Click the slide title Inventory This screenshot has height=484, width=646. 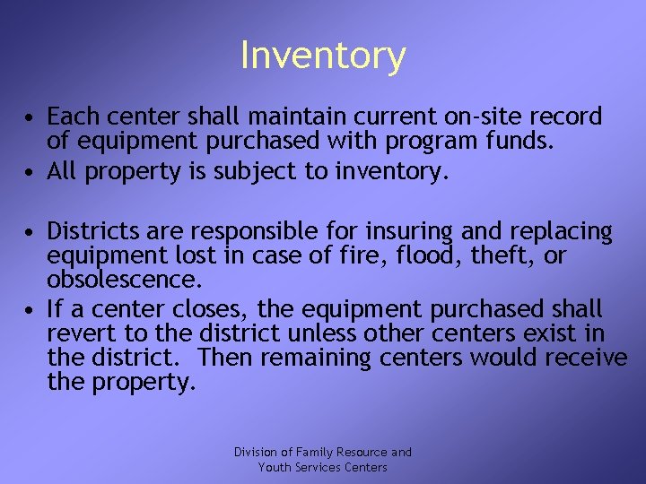323,56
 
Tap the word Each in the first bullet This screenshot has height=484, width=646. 69,117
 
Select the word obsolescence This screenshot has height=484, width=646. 124,279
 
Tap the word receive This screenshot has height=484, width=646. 587,358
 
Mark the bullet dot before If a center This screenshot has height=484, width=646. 31,310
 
